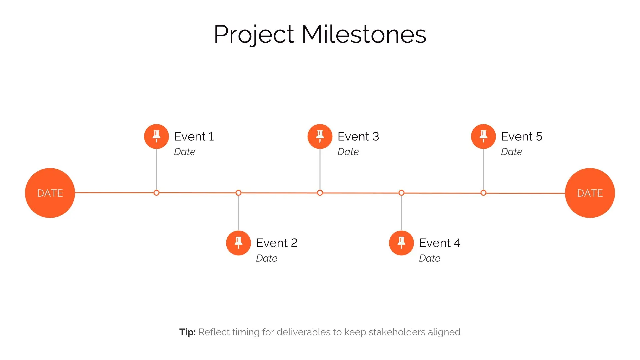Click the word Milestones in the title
(364, 34)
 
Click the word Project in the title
(254, 34)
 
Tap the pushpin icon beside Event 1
(156, 136)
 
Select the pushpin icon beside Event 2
(238, 243)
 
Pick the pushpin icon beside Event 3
(320, 136)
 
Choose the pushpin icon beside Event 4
(401, 243)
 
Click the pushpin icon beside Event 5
(483, 136)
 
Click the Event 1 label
(194, 136)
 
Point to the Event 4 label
(439, 243)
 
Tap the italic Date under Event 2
(266, 258)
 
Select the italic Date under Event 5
(511, 152)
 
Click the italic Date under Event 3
(348, 152)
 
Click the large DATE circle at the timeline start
(50, 193)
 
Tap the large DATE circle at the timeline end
(590, 193)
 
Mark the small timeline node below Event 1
(156, 193)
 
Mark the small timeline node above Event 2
(238, 193)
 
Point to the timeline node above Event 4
(401, 193)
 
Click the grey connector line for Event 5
(483, 170)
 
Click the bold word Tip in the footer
(187, 332)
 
